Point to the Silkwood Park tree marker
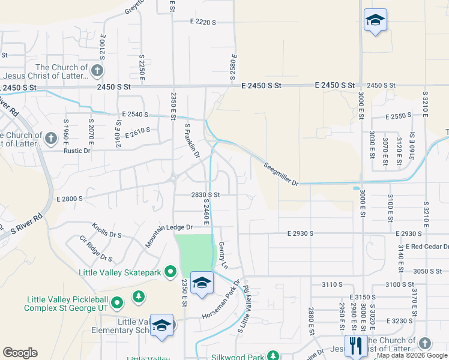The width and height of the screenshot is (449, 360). (x=274, y=356)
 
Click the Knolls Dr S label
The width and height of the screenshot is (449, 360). (x=107, y=230)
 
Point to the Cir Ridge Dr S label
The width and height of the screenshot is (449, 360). (x=96, y=248)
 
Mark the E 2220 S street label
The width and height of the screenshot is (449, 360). (x=202, y=22)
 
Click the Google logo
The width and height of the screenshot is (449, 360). (x=20, y=353)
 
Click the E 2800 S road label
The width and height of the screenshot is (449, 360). (x=69, y=198)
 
